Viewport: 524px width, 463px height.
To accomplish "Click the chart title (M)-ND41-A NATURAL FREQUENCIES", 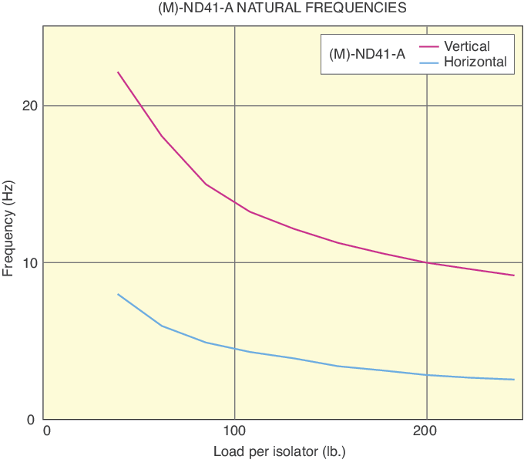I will click(261, 8).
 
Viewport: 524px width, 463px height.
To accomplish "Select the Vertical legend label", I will click(467, 46).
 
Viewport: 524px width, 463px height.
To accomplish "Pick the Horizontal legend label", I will click(475, 62).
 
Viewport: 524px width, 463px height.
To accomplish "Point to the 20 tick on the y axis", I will click(29, 106).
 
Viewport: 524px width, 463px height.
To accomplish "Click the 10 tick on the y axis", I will click(29, 263).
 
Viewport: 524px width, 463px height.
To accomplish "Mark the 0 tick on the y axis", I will click(33, 420).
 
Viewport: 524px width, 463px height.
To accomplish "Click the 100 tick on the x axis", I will click(234, 431).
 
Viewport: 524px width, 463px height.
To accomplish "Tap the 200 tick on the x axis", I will click(426, 431).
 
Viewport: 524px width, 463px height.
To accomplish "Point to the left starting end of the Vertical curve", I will click(118, 72).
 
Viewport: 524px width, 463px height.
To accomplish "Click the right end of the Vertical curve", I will click(513, 275).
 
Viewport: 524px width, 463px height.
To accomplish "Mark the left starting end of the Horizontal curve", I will click(118, 294).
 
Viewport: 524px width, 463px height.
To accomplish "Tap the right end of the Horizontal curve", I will click(513, 380).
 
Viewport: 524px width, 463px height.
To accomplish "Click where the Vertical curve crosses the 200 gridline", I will click(426, 262).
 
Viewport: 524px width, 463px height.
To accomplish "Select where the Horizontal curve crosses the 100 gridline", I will click(234, 349).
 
